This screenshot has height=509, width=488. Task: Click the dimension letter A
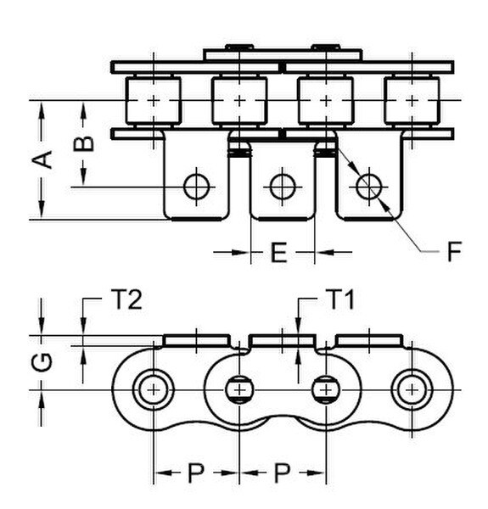click(42, 159)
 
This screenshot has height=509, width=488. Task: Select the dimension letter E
click(279, 252)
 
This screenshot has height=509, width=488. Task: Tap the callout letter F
click(454, 251)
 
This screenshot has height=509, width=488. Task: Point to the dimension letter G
click(42, 362)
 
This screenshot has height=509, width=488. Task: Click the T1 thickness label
click(340, 299)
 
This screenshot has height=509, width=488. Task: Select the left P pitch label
click(196, 473)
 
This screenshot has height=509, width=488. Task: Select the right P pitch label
click(282, 473)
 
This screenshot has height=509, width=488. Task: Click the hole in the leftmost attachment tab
click(196, 187)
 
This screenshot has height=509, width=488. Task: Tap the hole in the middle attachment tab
click(283, 187)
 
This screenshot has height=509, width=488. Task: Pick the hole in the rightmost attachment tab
click(369, 187)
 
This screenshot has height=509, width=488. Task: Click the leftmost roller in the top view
click(154, 101)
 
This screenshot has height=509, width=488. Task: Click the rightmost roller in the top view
click(412, 101)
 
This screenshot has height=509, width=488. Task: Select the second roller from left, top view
click(239, 101)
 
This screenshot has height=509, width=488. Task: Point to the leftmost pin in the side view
click(154, 389)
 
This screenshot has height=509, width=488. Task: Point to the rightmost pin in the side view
click(412, 389)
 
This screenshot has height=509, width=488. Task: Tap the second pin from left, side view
click(239, 389)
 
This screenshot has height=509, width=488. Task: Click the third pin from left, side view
click(326, 389)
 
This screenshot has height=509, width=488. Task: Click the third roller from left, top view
click(326, 101)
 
